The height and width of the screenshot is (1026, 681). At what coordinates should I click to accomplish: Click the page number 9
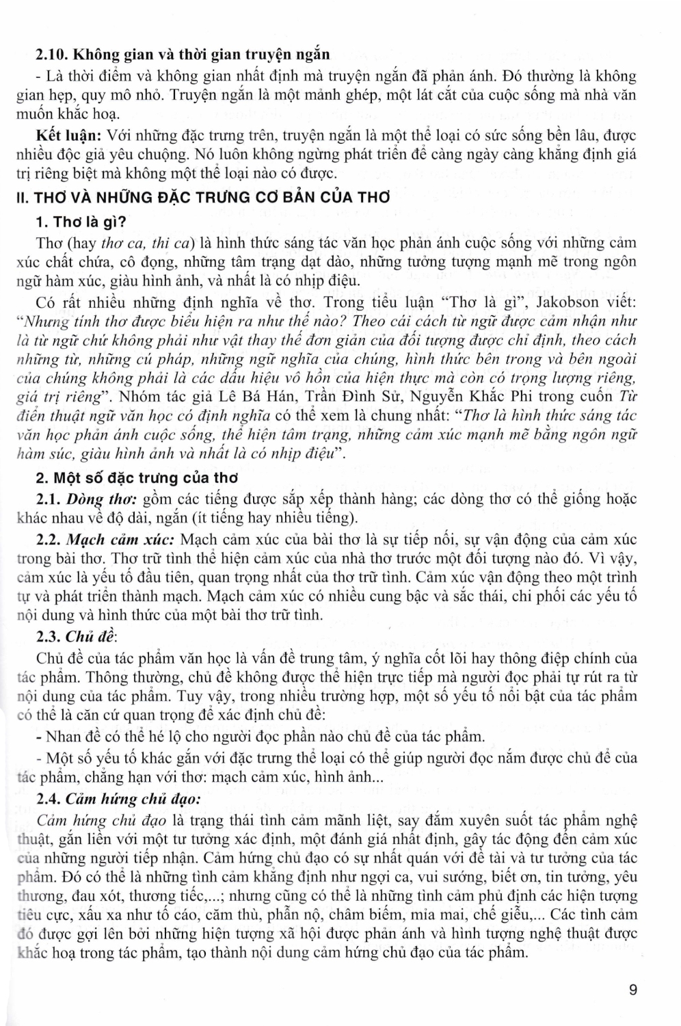pos(633,989)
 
